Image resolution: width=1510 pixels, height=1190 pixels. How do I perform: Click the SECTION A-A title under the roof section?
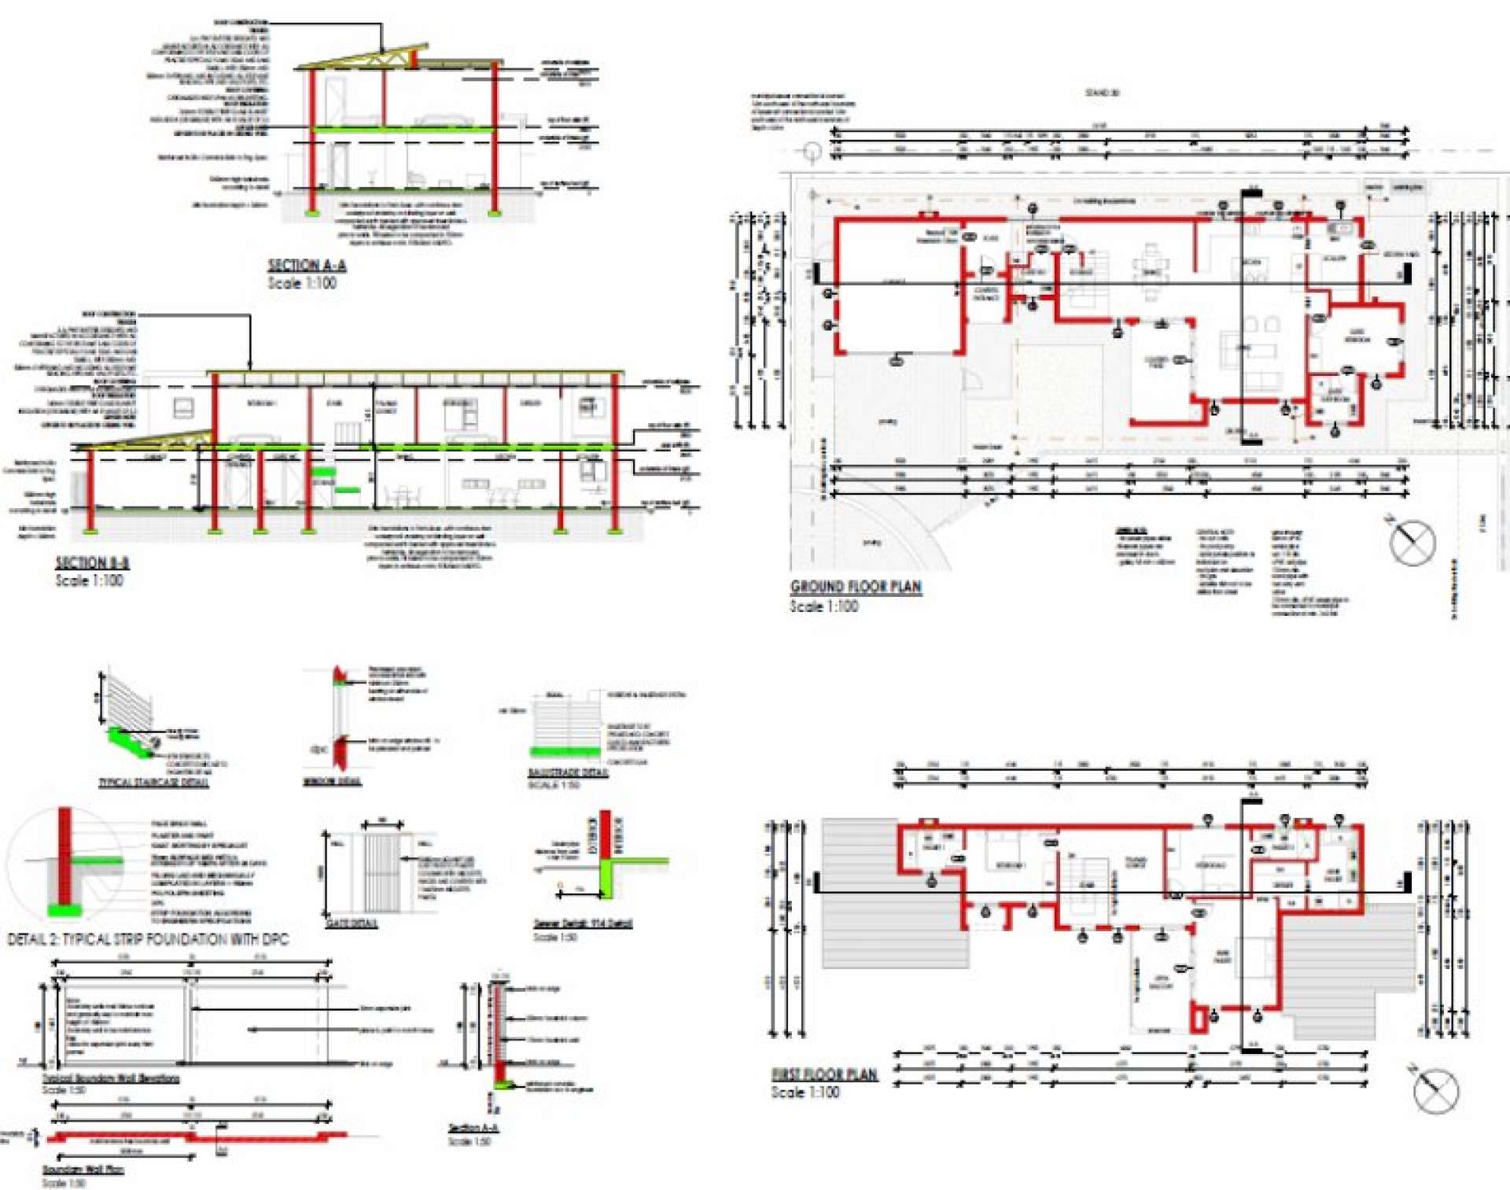(x=307, y=266)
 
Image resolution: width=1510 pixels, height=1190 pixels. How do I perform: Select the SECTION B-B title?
(x=92, y=562)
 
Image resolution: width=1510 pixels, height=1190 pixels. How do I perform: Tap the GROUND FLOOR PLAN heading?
(x=856, y=587)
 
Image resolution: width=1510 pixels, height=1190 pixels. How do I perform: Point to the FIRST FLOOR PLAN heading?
(x=823, y=1074)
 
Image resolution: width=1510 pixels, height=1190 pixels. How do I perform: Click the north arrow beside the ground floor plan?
(x=1412, y=543)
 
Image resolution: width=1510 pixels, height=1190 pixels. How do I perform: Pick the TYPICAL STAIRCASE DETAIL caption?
(x=153, y=783)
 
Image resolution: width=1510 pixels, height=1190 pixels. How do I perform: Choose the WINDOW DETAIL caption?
(x=332, y=782)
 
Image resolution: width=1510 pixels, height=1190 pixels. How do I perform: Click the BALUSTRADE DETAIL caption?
(x=568, y=772)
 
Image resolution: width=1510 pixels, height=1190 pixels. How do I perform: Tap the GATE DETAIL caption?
(x=352, y=923)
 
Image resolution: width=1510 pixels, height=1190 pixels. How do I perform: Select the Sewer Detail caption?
(x=583, y=923)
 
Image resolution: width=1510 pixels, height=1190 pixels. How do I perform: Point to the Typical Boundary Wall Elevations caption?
(x=111, y=1078)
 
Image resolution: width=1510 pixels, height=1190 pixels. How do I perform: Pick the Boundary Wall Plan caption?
(x=83, y=1170)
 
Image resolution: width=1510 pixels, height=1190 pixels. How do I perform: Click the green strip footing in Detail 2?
(x=64, y=911)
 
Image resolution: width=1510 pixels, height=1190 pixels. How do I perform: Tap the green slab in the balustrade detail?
(x=565, y=752)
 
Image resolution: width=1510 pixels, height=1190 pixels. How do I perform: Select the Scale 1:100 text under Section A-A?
(x=302, y=283)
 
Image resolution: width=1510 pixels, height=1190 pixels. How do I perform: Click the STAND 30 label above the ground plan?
(x=1102, y=93)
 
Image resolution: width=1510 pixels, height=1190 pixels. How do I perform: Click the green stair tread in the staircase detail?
(x=130, y=742)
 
